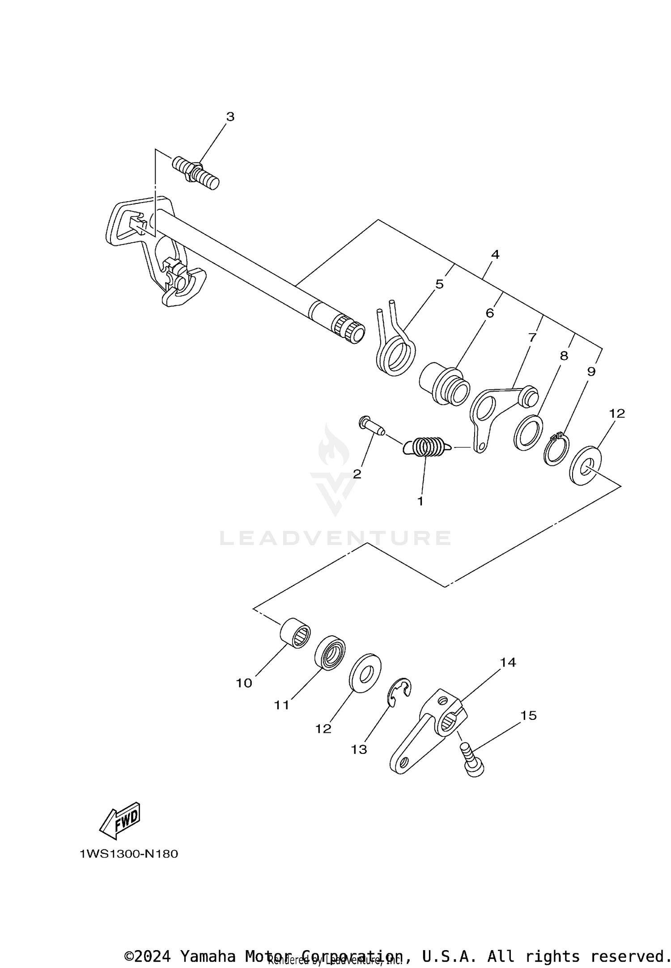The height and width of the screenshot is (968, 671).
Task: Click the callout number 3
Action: click(x=230, y=117)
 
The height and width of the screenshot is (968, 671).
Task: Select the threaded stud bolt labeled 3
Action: click(x=195, y=173)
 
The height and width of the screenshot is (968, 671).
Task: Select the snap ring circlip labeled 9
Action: click(x=556, y=451)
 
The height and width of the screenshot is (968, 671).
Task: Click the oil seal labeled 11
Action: click(x=330, y=652)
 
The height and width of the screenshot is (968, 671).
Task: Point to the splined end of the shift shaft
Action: click(x=350, y=330)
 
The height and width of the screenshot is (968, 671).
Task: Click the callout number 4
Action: click(x=495, y=254)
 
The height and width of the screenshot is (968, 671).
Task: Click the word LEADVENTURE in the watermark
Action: click(x=335, y=538)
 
